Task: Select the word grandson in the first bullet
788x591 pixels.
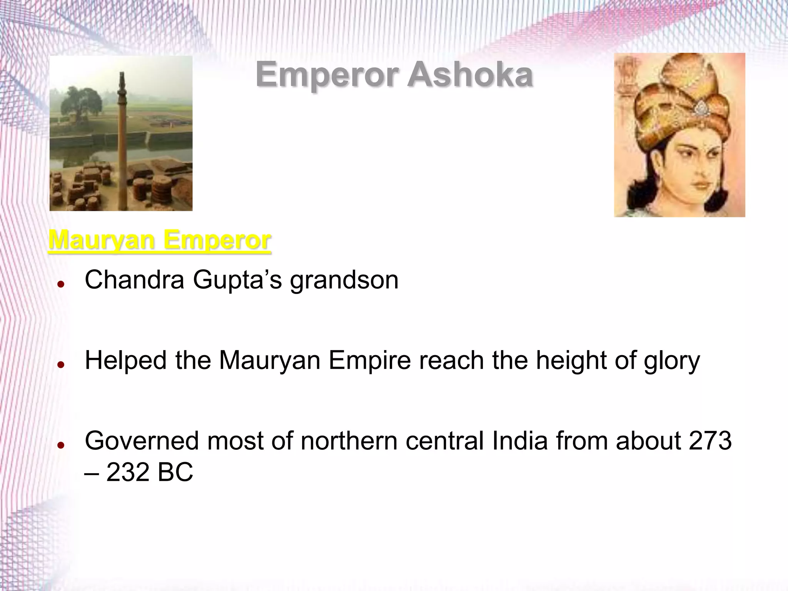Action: tap(344, 280)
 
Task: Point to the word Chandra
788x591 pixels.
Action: tap(134, 280)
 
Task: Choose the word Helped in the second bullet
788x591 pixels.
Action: tap(125, 361)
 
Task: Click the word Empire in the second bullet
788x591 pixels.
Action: tap(370, 361)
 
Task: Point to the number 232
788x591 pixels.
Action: tap(128, 472)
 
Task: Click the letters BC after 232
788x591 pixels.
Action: tap(175, 472)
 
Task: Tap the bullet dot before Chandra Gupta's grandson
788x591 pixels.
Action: tap(60, 284)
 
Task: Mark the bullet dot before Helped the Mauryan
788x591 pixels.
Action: tap(60, 365)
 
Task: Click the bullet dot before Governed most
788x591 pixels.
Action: tap(60, 445)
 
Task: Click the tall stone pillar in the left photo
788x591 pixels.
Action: tap(122, 135)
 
